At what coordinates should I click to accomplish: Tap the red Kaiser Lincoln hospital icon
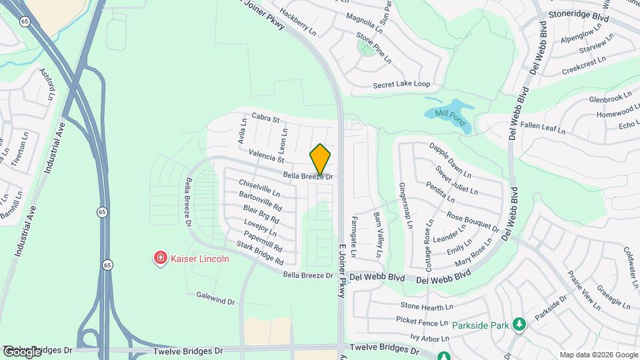pos(160,258)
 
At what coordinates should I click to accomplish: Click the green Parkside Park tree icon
pos(519,325)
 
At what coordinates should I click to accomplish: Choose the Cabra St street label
pos(265,118)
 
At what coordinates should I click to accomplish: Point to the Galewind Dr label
pos(216,297)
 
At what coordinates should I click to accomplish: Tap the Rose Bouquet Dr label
pos(473,222)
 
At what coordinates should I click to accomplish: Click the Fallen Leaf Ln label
pos(543,127)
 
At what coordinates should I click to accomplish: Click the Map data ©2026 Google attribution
pos(598,355)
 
